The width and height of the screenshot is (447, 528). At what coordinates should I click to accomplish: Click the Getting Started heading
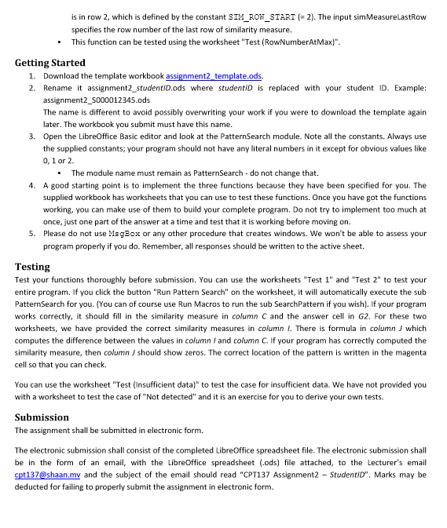pyautogui.click(x=50, y=63)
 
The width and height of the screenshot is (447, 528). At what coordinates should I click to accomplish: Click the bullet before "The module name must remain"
pyautogui.click(x=60, y=173)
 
